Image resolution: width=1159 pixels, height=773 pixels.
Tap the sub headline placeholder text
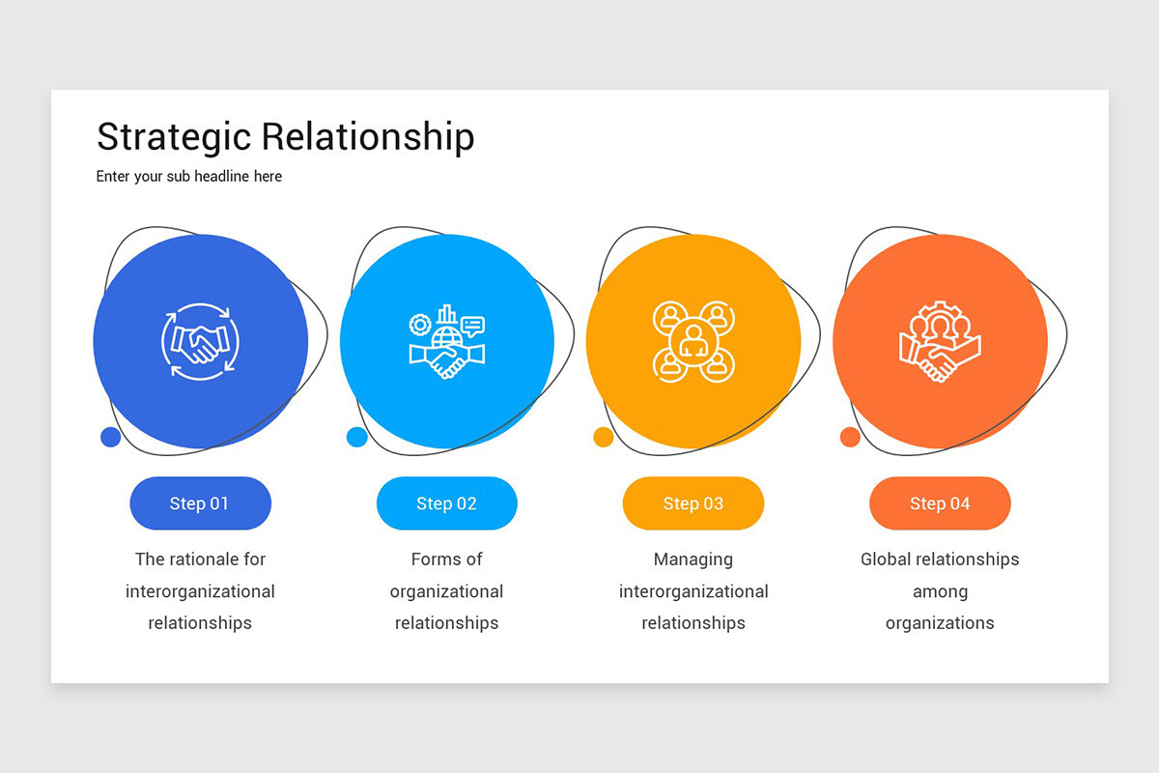tap(189, 177)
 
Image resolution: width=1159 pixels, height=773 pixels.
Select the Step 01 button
tap(200, 503)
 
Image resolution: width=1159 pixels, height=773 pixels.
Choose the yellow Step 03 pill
tap(693, 503)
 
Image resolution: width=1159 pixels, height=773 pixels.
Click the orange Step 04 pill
tap(940, 503)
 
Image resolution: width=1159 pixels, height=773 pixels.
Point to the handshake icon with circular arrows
tap(200, 342)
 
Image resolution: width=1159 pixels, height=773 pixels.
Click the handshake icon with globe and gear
tap(446, 342)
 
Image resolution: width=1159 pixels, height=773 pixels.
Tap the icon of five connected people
tap(693, 341)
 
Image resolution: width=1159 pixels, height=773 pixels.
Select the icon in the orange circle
tap(940, 342)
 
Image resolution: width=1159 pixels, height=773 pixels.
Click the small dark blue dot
tap(110, 437)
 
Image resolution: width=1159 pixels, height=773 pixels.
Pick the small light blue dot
tap(356, 437)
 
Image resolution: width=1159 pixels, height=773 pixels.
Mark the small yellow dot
tap(603, 437)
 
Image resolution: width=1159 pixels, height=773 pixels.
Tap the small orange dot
tap(850, 437)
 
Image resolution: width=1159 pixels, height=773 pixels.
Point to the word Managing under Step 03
tap(693, 559)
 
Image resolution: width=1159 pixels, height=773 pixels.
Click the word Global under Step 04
tap(885, 559)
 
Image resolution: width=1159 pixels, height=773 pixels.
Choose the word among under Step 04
tap(940, 591)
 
